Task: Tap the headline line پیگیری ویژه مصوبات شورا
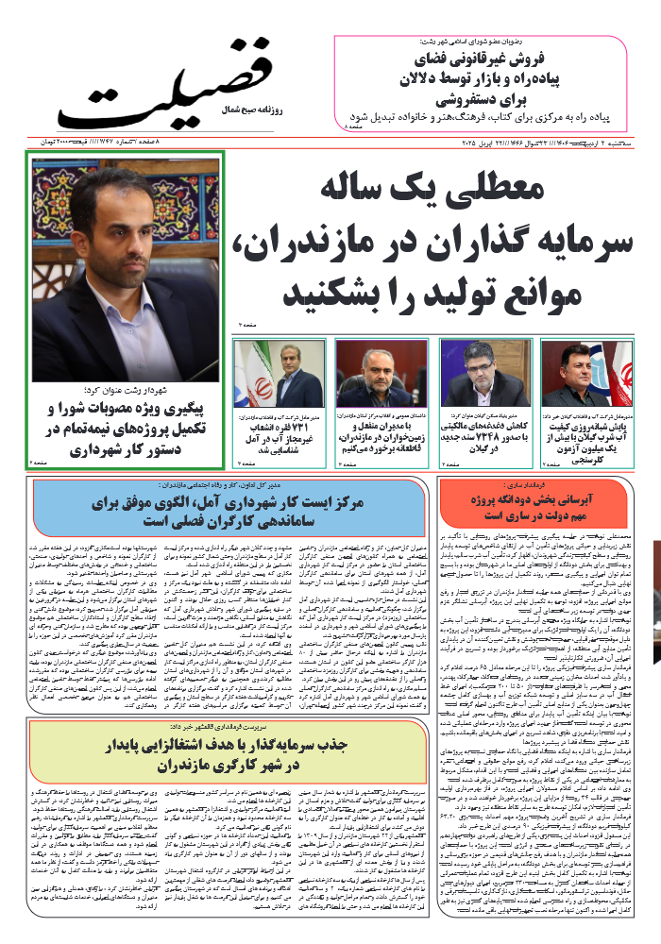(x=127, y=409)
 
